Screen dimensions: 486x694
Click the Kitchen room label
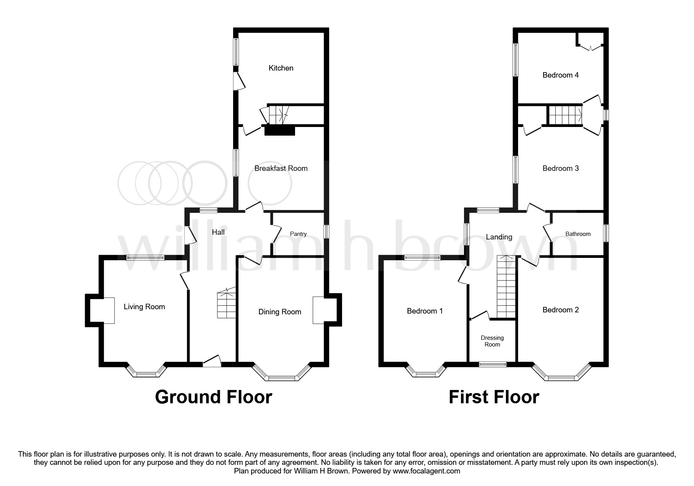(281, 68)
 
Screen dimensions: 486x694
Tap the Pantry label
(298, 234)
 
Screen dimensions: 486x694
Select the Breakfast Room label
(281, 168)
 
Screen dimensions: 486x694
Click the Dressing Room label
(492, 341)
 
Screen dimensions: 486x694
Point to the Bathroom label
(578, 234)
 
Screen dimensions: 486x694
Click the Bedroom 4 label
(560, 75)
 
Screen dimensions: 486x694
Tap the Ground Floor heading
(213, 397)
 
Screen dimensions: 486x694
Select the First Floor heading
(493, 397)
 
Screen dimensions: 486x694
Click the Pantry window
(326, 231)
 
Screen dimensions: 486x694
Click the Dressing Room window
(493, 364)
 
